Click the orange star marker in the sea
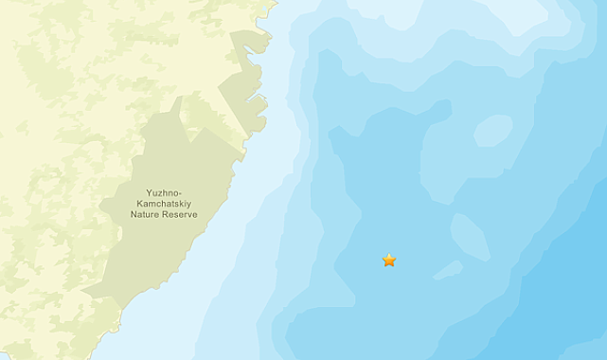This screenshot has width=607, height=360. coord(389,260)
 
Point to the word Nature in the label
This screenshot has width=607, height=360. coord(146,215)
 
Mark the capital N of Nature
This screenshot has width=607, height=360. coord(134,215)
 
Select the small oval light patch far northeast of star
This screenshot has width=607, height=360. coord(492,130)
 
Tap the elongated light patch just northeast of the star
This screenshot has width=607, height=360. coord(470,237)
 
